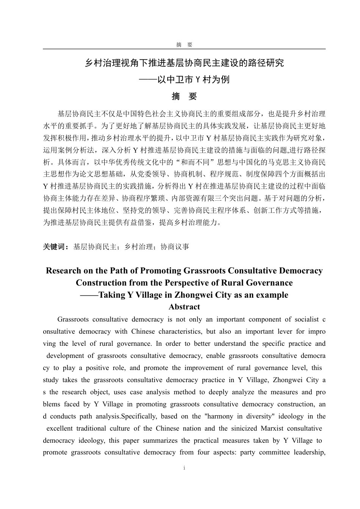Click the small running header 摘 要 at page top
pos(184,45)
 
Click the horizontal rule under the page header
pos(184,49)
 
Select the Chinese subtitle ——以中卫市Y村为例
pos(184,80)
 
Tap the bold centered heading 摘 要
pos(184,97)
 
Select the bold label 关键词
pos(55,247)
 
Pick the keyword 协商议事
pos(175,247)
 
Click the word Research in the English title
pos(63,271)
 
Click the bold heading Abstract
pos(184,307)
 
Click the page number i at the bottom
pos(184,468)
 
